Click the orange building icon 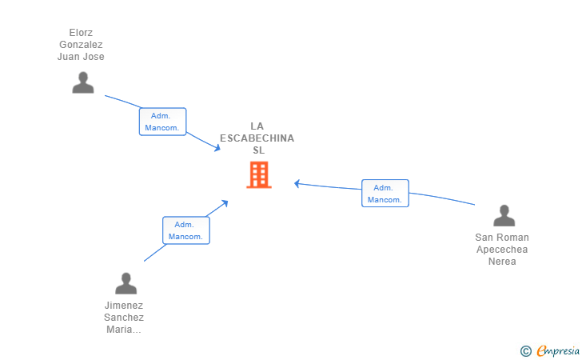(x=259, y=174)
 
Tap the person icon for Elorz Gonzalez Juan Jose (x=83, y=82)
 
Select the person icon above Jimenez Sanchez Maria (x=126, y=283)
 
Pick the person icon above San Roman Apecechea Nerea (x=504, y=215)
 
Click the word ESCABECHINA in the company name (x=257, y=138)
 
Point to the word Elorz (x=81, y=33)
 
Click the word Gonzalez (x=81, y=45)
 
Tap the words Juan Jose (x=81, y=57)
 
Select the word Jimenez (x=124, y=306)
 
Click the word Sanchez (x=124, y=318)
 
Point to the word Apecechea (x=502, y=250)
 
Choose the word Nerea (x=502, y=261)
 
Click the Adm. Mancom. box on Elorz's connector (x=162, y=122)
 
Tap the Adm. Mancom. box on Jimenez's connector (x=186, y=230)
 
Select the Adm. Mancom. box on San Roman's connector (x=385, y=193)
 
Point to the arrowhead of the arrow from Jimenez (x=225, y=203)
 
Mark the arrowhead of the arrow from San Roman (x=297, y=183)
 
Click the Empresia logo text (x=558, y=350)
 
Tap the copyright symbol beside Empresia (x=525, y=351)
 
